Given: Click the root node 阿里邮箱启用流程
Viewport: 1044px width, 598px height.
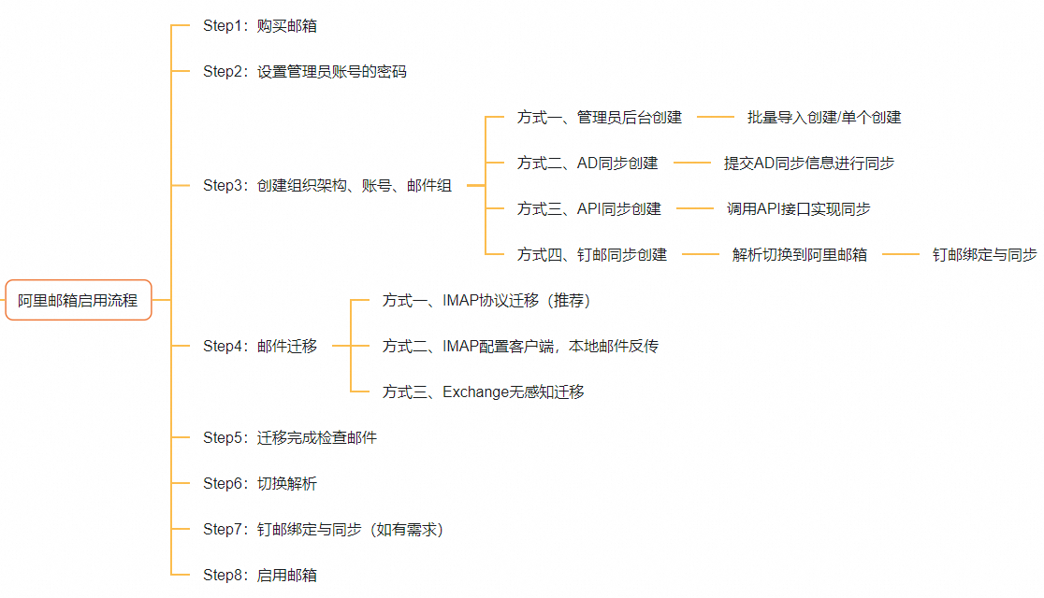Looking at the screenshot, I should click(79, 300).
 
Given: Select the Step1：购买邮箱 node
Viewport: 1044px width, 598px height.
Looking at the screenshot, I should click(259, 26).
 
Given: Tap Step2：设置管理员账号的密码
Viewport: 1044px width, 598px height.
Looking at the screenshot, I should click(304, 72).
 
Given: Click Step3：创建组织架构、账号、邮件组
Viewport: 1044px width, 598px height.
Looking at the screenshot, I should click(326, 186).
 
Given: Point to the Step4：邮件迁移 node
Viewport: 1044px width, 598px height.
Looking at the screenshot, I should click(259, 347).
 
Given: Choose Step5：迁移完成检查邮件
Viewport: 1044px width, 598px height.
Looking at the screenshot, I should click(289, 437).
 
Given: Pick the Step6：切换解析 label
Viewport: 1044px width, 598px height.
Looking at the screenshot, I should click(259, 484).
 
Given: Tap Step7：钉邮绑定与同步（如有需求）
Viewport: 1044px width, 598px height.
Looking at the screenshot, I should click(323, 530).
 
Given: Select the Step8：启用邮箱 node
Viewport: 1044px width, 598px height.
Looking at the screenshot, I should click(259, 576).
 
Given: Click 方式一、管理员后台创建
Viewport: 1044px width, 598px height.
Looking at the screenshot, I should click(599, 118).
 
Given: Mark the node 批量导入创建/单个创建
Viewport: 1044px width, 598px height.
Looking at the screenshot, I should click(823, 118).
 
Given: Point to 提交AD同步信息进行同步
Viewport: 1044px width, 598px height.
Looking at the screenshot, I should click(808, 164).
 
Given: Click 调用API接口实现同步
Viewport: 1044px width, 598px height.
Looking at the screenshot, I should click(798, 209).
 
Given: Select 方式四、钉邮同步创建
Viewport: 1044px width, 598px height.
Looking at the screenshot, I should click(591, 255).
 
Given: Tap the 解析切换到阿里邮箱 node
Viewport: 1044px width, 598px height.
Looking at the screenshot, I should click(799, 255).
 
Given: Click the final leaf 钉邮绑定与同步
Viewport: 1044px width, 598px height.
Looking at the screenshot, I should click(984, 255).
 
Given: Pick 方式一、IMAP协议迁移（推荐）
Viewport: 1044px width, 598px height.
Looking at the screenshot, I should click(486, 301).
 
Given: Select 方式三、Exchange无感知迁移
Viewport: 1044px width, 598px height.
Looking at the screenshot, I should click(483, 392).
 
